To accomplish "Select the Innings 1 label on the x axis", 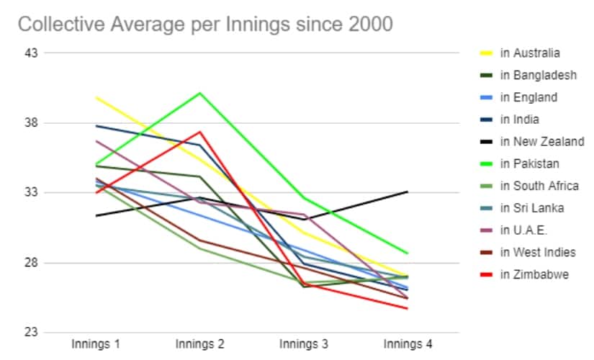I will click(96, 344).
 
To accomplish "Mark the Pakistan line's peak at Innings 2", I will click(200, 93).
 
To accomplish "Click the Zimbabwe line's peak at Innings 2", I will click(200, 132).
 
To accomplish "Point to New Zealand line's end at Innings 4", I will click(408, 192).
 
